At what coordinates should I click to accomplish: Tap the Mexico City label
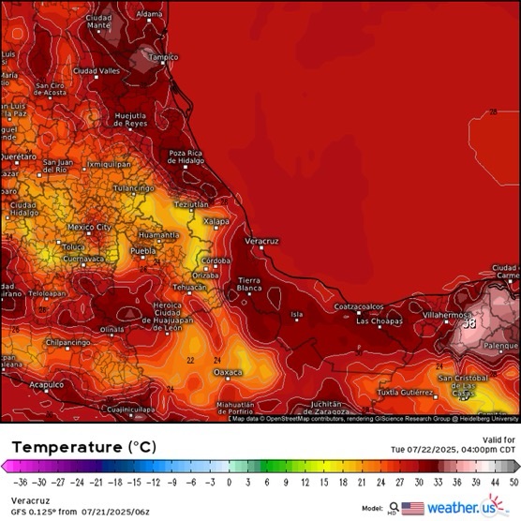[89, 227]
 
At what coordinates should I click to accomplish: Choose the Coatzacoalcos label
[359, 306]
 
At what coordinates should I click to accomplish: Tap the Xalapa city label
[216, 220]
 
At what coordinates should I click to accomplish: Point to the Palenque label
[499, 345]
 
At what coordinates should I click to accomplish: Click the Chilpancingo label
[65, 343]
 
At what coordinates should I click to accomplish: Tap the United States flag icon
[413, 508]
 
